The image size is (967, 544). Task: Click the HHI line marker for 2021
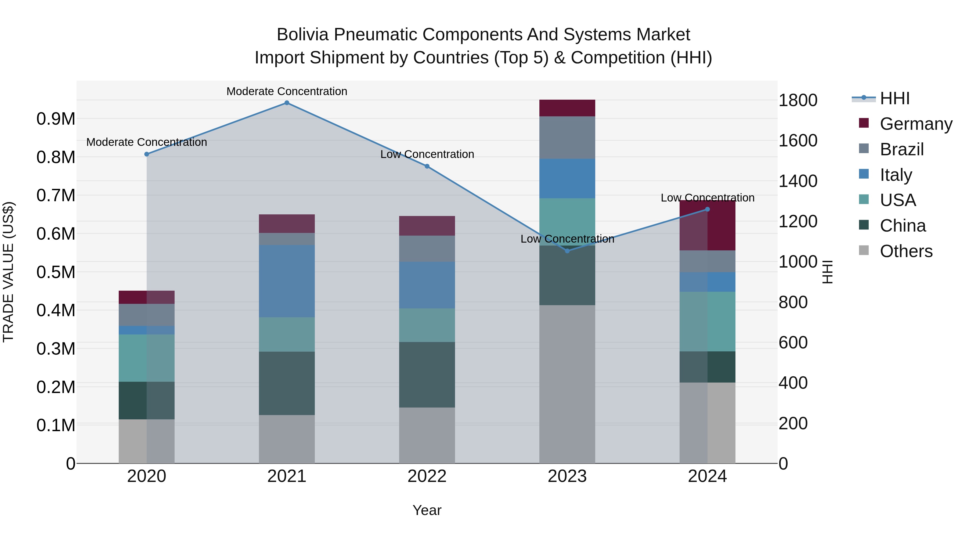coord(287,103)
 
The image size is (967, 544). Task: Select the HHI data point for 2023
coord(567,251)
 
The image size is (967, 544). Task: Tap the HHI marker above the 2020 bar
coord(147,154)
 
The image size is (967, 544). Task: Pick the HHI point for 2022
coord(427,166)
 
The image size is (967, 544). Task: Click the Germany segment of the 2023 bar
coord(567,108)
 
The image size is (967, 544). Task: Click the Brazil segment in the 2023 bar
coord(567,137)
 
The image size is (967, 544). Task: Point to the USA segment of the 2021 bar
coord(287,334)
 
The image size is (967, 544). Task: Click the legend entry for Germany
coord(916,124)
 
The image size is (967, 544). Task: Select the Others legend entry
coord(906,251)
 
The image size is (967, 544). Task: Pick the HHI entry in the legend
coord(894,98)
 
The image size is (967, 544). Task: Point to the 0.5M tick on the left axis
coord(56,272)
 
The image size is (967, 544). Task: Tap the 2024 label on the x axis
coord(707,476)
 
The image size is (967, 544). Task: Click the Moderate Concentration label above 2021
coord(287,91)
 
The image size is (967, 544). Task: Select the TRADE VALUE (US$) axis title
coord(8,272)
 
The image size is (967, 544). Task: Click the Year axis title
coord(427,510)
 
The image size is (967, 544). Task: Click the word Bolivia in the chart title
coord(302,35)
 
